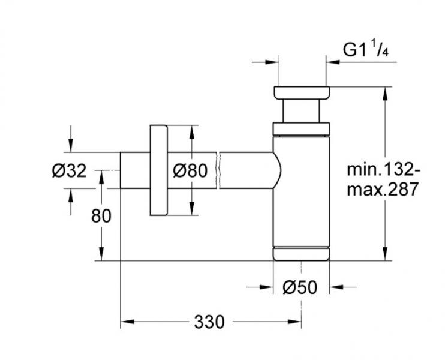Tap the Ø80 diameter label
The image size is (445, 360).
pos(190,171)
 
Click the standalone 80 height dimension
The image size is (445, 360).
pos(101,215)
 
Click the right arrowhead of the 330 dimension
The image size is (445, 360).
pos(296,322)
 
